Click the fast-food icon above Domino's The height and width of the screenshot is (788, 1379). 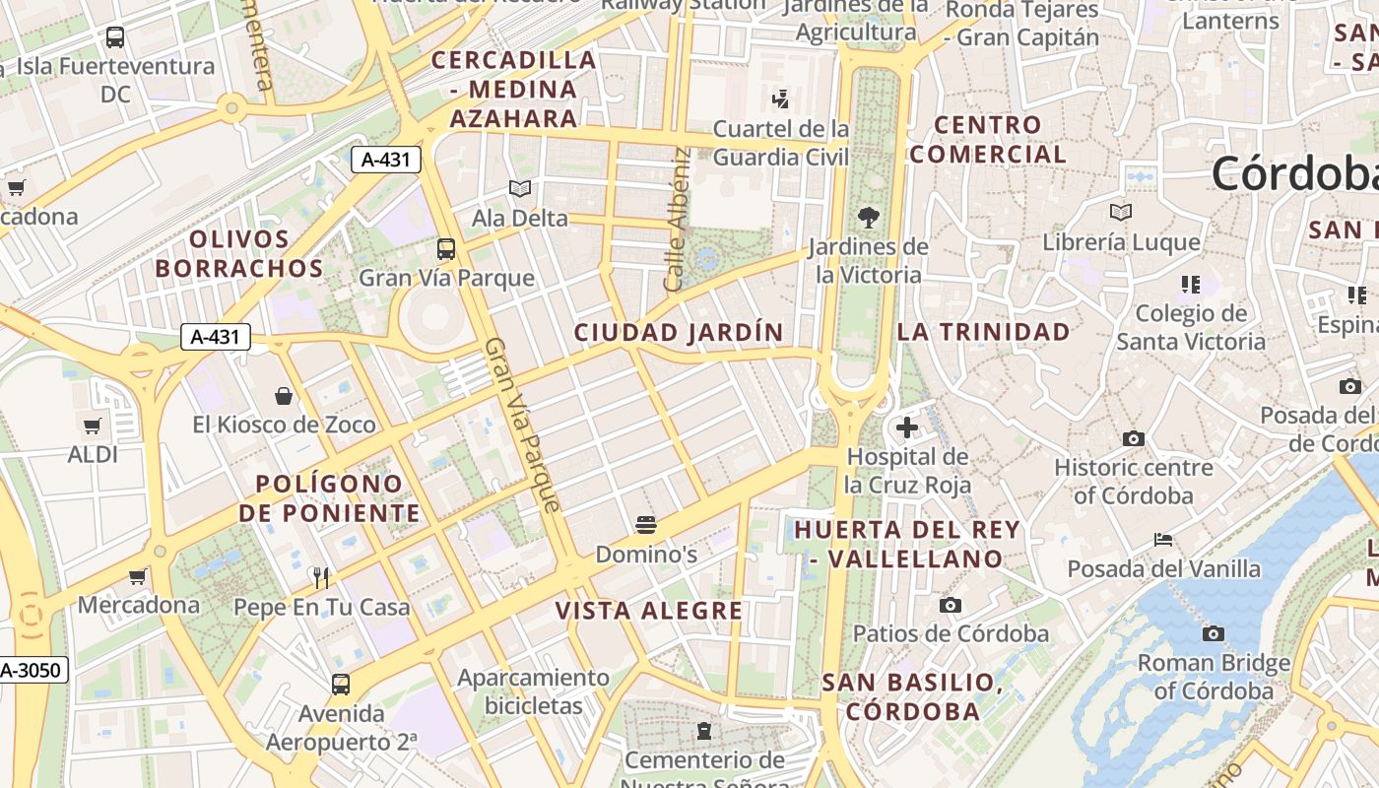click(x=646, y=524)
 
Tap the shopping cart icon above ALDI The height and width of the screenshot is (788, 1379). click(x=93, y=426)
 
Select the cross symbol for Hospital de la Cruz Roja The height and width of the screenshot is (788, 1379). click(x=907, y=427)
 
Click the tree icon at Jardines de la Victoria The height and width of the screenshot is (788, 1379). click(x=868, y=217)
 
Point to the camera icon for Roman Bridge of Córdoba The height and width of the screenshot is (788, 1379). click(x=1214, y=633)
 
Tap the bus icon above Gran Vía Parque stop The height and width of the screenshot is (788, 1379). click(x=446, y=248)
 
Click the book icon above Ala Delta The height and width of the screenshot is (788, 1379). click(x=520, y=188)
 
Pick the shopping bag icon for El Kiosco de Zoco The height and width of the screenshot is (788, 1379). click(x=284, y=396)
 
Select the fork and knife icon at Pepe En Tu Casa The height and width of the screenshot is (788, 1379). click(x=320, y=577)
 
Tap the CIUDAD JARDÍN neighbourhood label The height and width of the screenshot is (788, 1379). click(x=679, y=333)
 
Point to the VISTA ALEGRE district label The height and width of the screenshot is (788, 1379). click(x=649, y=611)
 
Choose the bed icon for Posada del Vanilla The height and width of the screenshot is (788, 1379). click(x=1163, y=540)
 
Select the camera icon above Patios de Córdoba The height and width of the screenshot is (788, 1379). click(x=951, y=605)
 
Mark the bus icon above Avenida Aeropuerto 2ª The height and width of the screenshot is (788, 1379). click(x=341, y=684)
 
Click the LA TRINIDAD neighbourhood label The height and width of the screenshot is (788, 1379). click(x=983, y=332)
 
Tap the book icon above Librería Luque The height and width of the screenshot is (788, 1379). click(x=1121, y=212)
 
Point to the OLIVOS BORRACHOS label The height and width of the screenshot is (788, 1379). click(x=239, y=253)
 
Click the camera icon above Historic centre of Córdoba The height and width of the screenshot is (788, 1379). click(x=1134, y=438)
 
